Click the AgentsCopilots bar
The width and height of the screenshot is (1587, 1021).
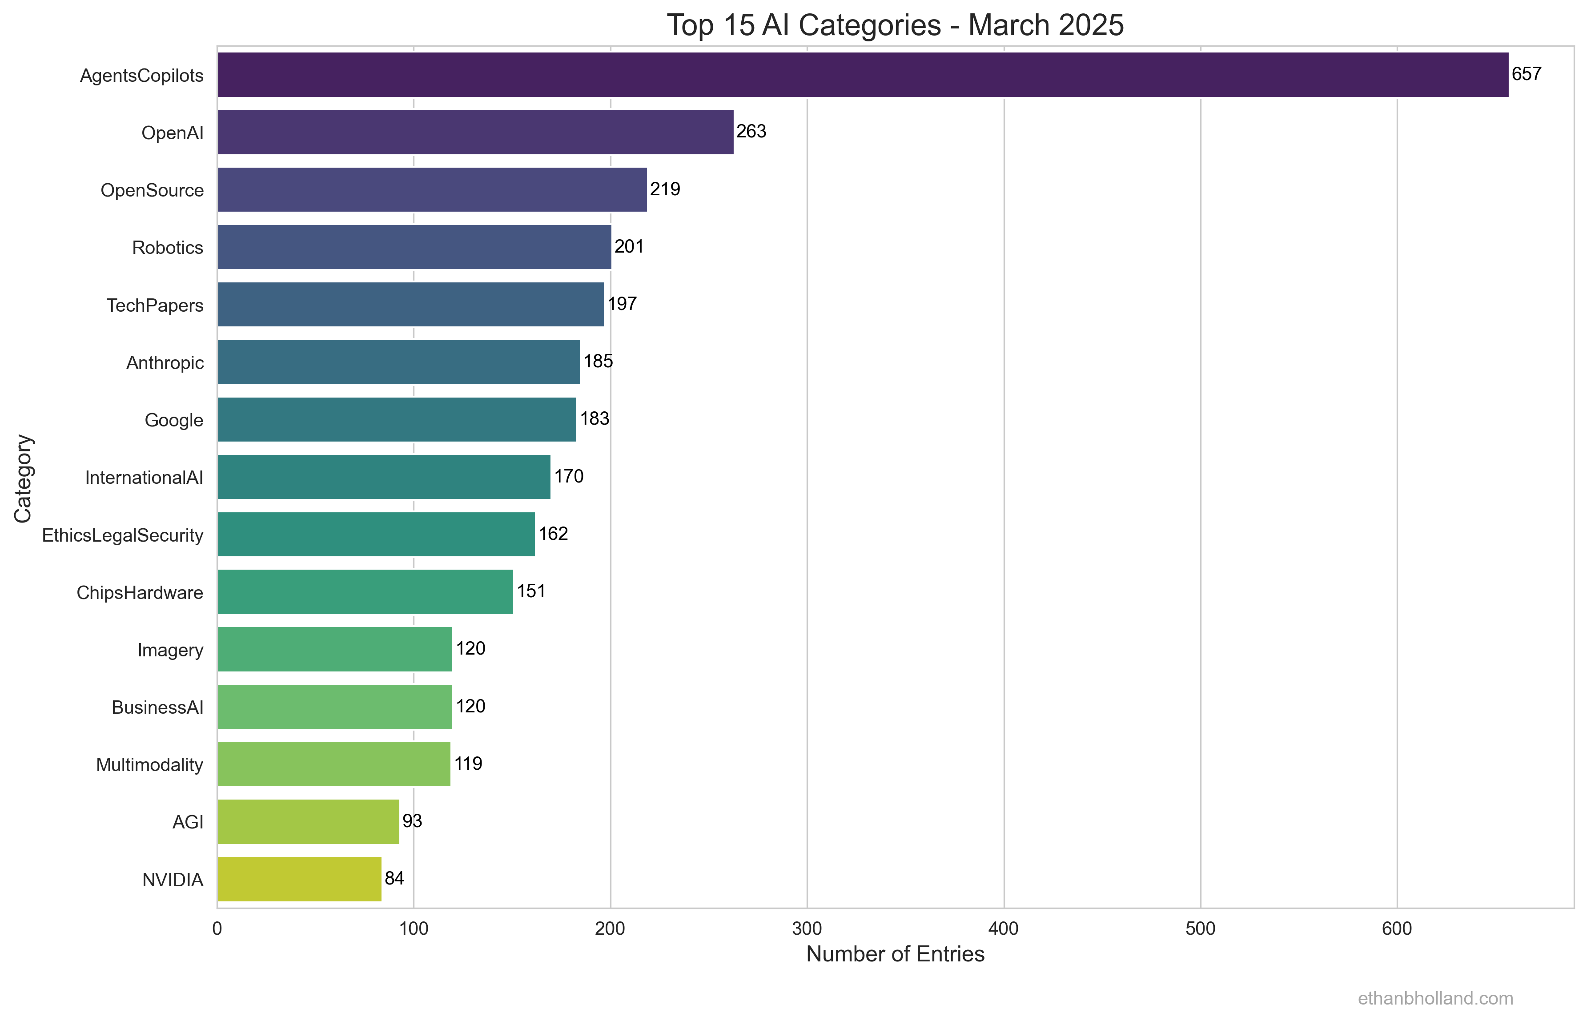pyautogui.click(x=862, y=75)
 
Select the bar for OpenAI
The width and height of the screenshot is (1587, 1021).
pyautogui.click(x=475, y=132)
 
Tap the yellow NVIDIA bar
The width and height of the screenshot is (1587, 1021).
pyautogui.click(x=299, y=879)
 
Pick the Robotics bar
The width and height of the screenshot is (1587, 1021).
pyautogui.click(x=414, y=247)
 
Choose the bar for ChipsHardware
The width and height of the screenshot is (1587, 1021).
pyautogui.click(x=365, y=591)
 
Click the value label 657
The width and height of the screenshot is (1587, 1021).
pyautogui.click(x=1526, y=73)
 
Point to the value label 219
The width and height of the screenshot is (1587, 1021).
pyautogui.click(x=664, y=189)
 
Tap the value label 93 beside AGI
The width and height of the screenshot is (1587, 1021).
pyautogui.click(x=412, y=821)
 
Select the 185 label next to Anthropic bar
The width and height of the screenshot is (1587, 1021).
pyautogui.click(x=598, y=362)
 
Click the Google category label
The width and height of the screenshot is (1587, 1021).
pyautogui.click(x=174, y=420)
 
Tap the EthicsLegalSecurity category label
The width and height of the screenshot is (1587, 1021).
pyautogui.click(x=123, y=535)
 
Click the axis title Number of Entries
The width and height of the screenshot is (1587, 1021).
pyautogui.click(x=895, y=954)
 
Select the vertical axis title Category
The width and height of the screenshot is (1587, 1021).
pyautogui.click(x=23, y=478)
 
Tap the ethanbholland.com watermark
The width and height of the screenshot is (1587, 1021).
pyautogui.click(x=1435, y=998)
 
